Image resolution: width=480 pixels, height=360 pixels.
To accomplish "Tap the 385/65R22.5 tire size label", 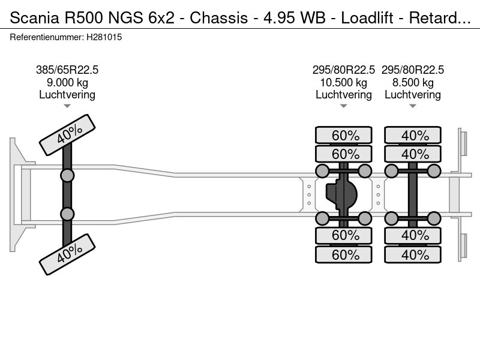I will click(x=67, y=70).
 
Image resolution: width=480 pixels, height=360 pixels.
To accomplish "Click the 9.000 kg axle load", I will click(x=67, y=82).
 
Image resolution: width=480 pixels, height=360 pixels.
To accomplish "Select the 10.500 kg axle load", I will click(x=344, y=82).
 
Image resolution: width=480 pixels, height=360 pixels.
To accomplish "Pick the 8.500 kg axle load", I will click(x=413, y=82).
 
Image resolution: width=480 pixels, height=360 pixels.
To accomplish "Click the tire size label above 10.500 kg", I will click(x=344, y=70).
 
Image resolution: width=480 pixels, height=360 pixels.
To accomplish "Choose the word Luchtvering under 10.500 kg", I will click(x=344, y=95).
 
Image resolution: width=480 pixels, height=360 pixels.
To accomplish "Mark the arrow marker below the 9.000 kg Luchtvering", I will click(x=67, y=106).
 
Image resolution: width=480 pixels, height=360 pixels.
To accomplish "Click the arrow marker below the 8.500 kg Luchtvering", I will click(x=413, y=106).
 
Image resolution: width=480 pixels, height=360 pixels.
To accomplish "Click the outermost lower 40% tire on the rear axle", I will click(x=413, y=255).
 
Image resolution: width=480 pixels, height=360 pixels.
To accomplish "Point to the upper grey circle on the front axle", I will click(x=67, y=175).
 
